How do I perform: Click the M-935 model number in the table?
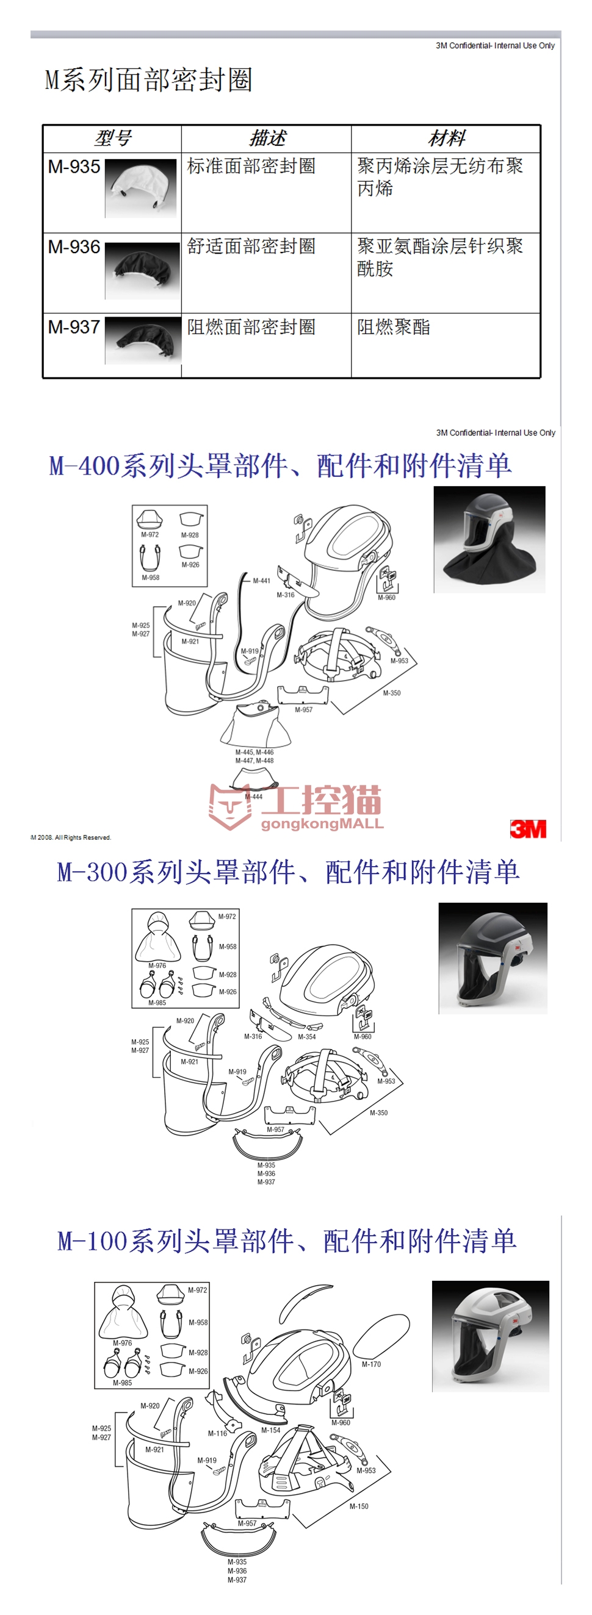point(74,167)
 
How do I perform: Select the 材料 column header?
point(446,138)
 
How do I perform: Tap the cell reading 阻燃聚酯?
point(393,327)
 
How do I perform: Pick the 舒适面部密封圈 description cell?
point(251,246)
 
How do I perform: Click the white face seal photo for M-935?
point(140,187)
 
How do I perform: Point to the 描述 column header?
point(267,138)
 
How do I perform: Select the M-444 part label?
point(253,797)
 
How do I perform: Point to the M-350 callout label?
point(391,693)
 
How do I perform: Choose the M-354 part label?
point(306,1036)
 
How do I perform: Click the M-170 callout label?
point(371,1364)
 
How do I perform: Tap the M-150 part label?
point(359,1506)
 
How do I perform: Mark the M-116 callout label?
point(217,1433)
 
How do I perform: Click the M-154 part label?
point(271,1430)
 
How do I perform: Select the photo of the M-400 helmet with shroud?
point(489,539)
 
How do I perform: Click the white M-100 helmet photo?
point(491,1336)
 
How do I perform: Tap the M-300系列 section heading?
point(288,872)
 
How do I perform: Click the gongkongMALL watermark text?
point(322,824)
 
